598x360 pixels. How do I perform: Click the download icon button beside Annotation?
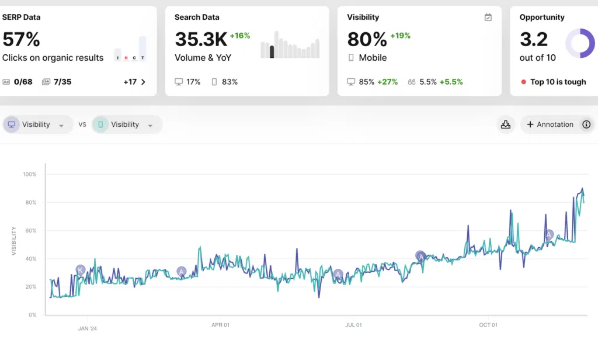506,124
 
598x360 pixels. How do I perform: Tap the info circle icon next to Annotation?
586,124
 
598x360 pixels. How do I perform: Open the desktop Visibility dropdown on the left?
37,124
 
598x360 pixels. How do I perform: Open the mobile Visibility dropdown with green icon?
127,124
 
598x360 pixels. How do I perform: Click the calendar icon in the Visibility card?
488,17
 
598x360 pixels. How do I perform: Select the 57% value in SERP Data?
21,39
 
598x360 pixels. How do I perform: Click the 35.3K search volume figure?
201,39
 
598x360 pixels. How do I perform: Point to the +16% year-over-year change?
240,36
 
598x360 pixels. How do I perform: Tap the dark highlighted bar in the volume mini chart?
272,52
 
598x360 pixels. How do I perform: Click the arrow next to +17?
144,82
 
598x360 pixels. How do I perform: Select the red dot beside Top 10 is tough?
524,82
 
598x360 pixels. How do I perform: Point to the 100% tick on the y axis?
30,174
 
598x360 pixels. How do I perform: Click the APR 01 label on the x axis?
220,325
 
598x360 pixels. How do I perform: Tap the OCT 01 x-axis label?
488,325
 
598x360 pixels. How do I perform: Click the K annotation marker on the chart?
80,270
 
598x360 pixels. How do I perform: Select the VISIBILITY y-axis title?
14,241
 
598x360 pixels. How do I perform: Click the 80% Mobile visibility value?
367,39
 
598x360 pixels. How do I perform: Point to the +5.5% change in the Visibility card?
451,82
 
